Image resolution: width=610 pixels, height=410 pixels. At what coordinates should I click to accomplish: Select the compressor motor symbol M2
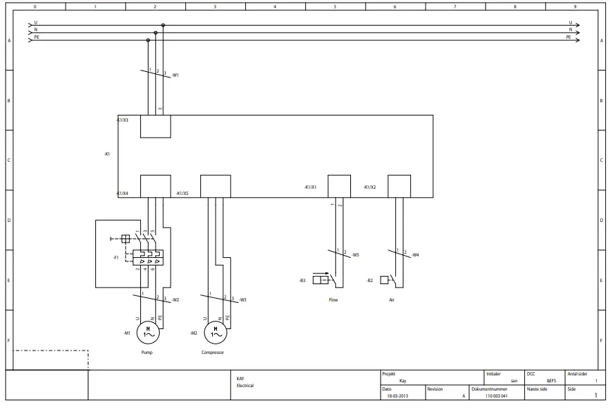pyautogui.click(x=216, y=333)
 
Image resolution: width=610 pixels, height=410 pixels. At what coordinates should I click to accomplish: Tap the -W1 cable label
pyautogui.click(x=175, y=75)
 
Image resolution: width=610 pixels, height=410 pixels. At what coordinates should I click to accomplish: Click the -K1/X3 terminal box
pyautogui.click(x=155, y=127)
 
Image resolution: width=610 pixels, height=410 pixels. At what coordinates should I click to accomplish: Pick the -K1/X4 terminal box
pyautogui.click(x=155, y=186)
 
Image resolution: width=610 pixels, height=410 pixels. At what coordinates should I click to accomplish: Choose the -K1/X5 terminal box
pyautogui.click(x=216, y=186)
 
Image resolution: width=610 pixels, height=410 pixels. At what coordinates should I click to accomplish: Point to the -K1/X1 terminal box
pyautogui.click(x=339, y=186)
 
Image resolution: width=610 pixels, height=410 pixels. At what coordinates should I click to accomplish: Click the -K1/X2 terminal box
pyautogui.click(x=399, y=186)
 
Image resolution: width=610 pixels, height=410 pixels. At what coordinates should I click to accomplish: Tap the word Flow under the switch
pyautogui.click(x=334, y=300)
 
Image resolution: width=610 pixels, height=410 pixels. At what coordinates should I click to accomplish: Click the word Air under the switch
pyautogui.click(x=392, y=300)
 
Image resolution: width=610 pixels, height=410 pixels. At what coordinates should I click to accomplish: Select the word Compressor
pyautogui.click(x=213, y=353)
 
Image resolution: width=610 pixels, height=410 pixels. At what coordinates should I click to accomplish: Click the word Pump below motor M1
pyautogui.click(x=147, y=353)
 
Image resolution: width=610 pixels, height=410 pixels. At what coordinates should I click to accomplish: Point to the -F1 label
pyautogui.click(x=116, y=257)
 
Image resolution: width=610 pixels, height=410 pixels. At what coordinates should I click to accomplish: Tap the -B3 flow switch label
pyautogui.click(x=302, y=280)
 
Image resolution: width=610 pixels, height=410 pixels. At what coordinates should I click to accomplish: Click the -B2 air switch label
pyautogui.click(x=370, y=280)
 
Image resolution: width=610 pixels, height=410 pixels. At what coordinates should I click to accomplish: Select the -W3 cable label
pyautogui.click(x=242, y=300)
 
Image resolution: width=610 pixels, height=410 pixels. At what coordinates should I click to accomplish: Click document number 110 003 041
pyautogui.click(x=496, y=396)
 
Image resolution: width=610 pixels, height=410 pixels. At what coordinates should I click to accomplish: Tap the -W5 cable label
pyautogui.click(x=355, y=255)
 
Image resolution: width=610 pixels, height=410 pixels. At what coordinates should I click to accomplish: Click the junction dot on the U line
pyautogui.click(x=163, y=26)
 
